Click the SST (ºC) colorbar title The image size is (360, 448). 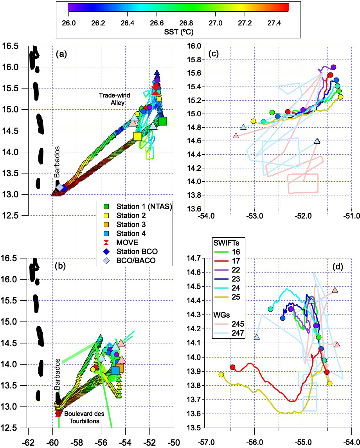[178, 31]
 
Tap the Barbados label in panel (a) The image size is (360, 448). [56, 169]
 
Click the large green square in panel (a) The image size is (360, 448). [162, 121]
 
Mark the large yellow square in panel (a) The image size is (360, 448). [137, 136]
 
